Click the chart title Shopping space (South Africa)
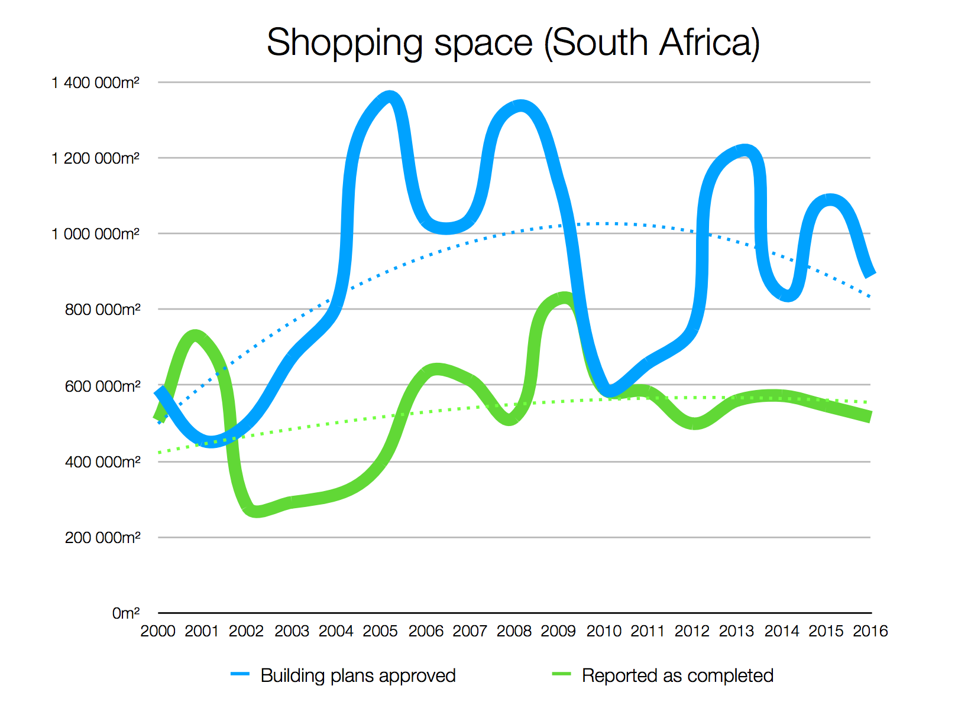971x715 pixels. (x=513, y=43)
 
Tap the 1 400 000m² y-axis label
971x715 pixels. (x=95, y=83)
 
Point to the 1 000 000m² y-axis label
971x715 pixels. (x=95, y=234)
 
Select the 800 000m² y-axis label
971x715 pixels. (x=102, y=310)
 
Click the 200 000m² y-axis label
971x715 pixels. (x=102, y=538)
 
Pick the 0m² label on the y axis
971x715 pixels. (x=126, y=613)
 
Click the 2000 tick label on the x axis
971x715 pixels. (x=158, y=631)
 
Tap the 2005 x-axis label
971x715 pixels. (x=380, y=631)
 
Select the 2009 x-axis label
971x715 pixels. (x=558, y=631)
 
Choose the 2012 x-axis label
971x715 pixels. (x=692, y=631)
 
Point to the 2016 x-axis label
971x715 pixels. (x=870, y=631)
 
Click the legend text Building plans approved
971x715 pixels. (x=358, y=675)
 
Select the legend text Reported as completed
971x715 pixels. (x=678, y=675)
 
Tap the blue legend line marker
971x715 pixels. (x=240, y=674)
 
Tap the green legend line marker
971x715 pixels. (x=561, y=674)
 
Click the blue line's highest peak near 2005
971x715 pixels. (x=389, y=97)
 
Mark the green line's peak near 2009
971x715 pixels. (x=563, y=298)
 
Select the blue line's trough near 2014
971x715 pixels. (x=788, y=295)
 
